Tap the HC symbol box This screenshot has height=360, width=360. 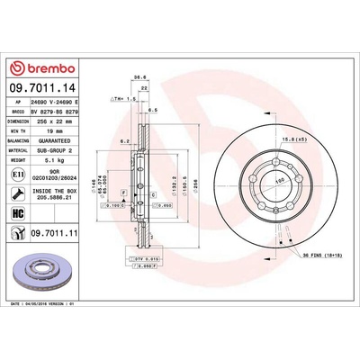16,212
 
